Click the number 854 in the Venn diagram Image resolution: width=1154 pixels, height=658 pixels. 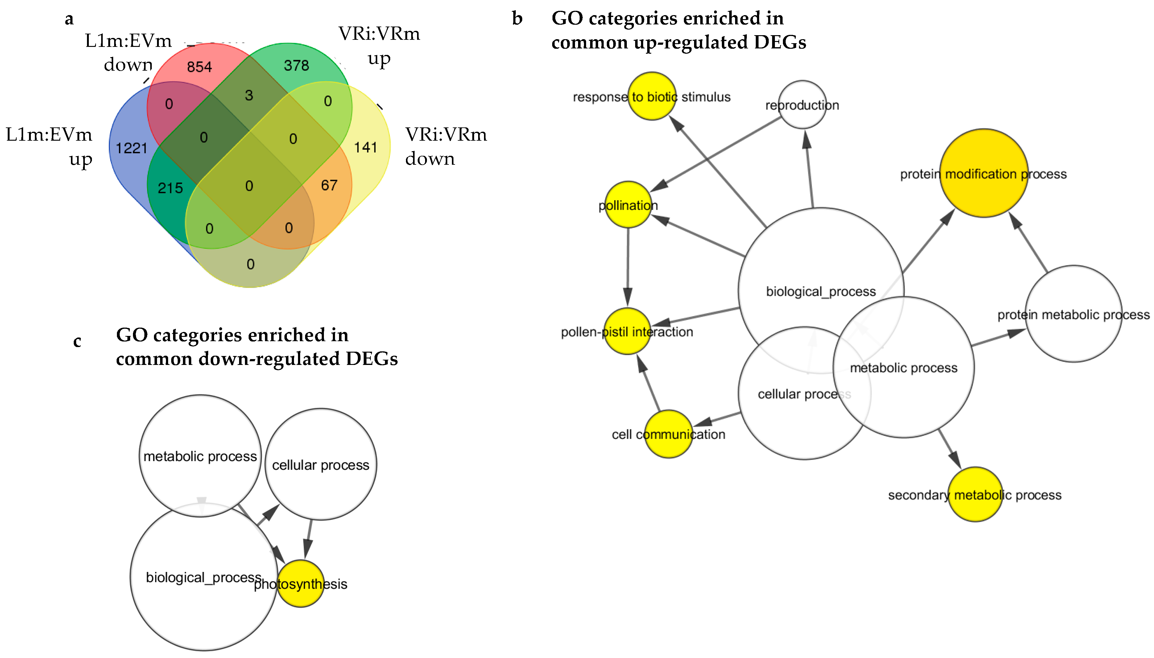pyautogui.click(x=199, y=67)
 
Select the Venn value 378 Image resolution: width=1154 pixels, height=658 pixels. pyautogui.click(x=296, y=65)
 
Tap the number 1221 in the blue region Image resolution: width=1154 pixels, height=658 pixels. pyautogui.click(x=131, y=148)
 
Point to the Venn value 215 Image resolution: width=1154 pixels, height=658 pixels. pyautogui.click(x=170, y=188)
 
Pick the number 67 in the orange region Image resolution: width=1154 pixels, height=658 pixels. pyautogui.click(x=329, y=185)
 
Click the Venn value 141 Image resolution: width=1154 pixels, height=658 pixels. pyautogui.click(x=365, y=147)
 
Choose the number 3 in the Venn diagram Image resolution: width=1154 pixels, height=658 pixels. pyautogui.click(x=249, y=95)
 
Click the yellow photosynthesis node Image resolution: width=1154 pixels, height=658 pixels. pyautogui.click(x=300, y=583)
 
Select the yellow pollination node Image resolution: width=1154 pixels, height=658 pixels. pyautogui.click(x=628, y=205)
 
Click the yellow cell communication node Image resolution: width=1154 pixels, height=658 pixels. pyautogui.click(x=668, y=434)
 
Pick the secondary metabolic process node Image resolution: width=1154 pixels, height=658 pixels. pyautogui.click(x=975, y=495)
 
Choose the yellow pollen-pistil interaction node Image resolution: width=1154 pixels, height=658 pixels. pyautogui.click(x=627, y=331)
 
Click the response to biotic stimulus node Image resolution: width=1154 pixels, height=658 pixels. pyautogui.click(x=651, y=96)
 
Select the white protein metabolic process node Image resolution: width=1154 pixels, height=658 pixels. pyautogui.click(x=1073, y=314)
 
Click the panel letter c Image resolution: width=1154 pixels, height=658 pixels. pyautogui.click(x=77, y=341)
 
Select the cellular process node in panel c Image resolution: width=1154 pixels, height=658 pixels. pyautogui.click(x=321, y=465)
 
